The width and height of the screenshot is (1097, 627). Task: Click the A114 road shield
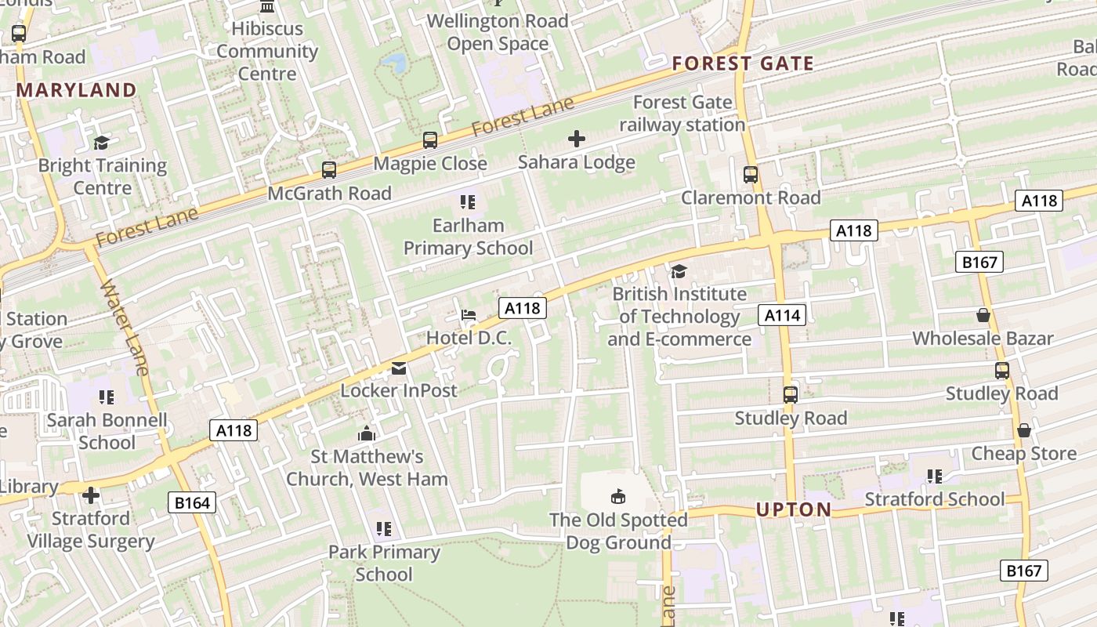pyautogui.click(x=782, y=315)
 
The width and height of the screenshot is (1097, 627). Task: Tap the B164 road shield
pyautogui.click(x=192, y=502)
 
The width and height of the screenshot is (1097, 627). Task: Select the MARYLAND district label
pyautogui.click(x=77, y=90)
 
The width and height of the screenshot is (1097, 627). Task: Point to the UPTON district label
pyautogui.click(x=794, y=509)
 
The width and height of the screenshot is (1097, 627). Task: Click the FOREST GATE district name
pyautogui.click(x=743, y=63)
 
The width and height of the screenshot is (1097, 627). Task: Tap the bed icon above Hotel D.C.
pyautogui.click(x=469, y=315)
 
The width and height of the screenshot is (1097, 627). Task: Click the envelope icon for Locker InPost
pyautogui.click(x=399, y=368)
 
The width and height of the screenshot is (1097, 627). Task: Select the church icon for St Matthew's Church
pyautogui.click(x=367, y=433)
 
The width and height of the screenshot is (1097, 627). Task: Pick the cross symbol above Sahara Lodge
pyautogui.click(x=577, y=140)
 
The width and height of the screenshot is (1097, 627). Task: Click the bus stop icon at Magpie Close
pyautogui.click(x=430, y=140)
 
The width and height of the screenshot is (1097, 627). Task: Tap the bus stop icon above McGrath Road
pyautogui.click(x=329, y=169)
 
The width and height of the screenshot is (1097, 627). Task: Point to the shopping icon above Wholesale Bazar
pyautogui.click(x=983, y=315)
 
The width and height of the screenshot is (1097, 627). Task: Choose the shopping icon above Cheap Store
pyautogui.click(x=1023, y=430)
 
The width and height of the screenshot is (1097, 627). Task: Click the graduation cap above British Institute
pyautogui.click(x=679, y=271)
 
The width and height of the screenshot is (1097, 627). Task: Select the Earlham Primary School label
pyautogui.click(x=468, y=237)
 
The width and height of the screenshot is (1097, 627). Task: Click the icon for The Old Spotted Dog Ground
pyautogui.click(x=618, y=496)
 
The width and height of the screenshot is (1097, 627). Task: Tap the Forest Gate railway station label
pyautogui.click(x=682, y=114)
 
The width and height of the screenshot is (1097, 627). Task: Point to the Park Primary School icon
pyautogui.click(x=383, y=529)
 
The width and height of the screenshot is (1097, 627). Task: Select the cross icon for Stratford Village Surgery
pyautogui.click(x=91, y=495)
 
